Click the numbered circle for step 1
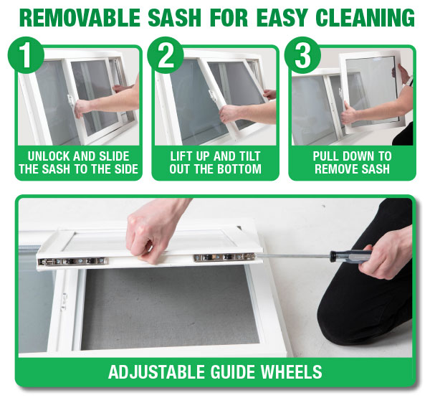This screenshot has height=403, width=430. [x=26, y=55]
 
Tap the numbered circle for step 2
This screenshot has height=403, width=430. [x=166, y=55]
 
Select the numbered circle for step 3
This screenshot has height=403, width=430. [x=302, y=55]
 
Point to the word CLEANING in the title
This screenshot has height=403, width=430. [x=365, y=18]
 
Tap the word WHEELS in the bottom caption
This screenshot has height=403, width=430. [x=291, y=372]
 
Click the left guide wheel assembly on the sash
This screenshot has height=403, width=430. [x=72, y=261]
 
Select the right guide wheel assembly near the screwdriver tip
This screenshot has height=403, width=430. [x=224, y=257]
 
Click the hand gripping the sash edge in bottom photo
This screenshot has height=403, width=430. [x=152, y=233]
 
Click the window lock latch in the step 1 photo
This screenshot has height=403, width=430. [x=71, y=100]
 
